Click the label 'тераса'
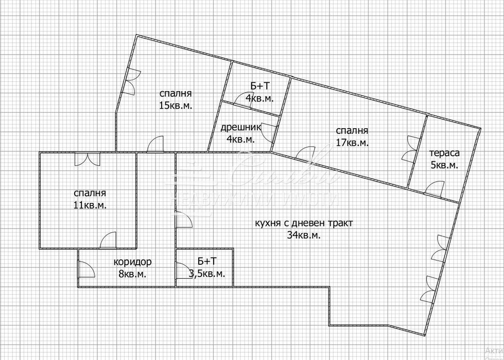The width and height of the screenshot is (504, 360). (445, 153)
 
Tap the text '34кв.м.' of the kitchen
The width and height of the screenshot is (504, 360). (304, 235)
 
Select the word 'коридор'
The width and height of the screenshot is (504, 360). (133, 262)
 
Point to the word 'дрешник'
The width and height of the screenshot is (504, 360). (240, 127)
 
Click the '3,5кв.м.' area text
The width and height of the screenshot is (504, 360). (207, 274)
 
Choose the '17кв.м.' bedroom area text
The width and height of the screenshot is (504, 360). (352, 143)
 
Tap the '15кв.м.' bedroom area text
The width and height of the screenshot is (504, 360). (176, 105)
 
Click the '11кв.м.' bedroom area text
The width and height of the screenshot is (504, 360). (90, 205)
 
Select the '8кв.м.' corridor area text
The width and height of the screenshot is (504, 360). (132, 274)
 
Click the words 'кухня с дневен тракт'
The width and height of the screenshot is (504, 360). (304, 224)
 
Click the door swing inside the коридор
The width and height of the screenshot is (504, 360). (85, 269)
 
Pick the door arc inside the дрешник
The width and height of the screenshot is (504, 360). (269, 133)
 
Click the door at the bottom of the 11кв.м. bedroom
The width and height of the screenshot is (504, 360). (109, 240)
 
